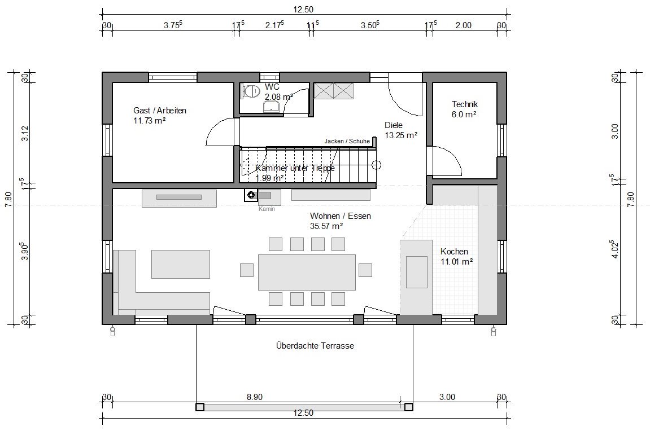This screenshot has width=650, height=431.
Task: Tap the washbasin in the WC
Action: [x=272, y=107]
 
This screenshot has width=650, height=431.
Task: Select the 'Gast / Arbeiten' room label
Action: [x=160, y=111]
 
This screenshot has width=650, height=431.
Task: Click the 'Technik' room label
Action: [x=465, y=104]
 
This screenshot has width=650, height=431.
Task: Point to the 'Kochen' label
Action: [x=455, y=251]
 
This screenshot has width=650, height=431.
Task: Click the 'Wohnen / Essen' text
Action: [x=341, y=215]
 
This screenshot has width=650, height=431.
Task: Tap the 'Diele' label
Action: [x=394, y=125]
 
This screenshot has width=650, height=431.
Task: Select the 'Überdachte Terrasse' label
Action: [x=315, y=346]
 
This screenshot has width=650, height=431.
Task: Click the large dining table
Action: [x=307, y=272]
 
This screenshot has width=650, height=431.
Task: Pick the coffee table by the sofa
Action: [x=181, y=264]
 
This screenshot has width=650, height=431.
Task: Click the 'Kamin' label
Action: [x=267, y=209]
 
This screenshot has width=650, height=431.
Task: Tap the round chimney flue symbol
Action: [x=251, y=194]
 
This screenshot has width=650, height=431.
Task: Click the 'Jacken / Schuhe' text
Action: [x=347, y=141]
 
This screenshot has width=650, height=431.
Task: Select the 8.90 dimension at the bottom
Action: [x=255, y=397]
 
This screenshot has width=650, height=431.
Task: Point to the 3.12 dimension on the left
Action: [x=25, y=133]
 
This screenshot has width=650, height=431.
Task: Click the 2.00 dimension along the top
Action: [x=464, y=25]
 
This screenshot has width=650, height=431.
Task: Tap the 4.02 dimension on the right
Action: [x=615, y=249]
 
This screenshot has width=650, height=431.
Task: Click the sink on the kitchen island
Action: [x=416, y=272]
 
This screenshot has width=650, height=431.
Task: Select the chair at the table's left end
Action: [x=247, y=270]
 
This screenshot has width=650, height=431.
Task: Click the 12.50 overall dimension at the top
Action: [x=303, y=10]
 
